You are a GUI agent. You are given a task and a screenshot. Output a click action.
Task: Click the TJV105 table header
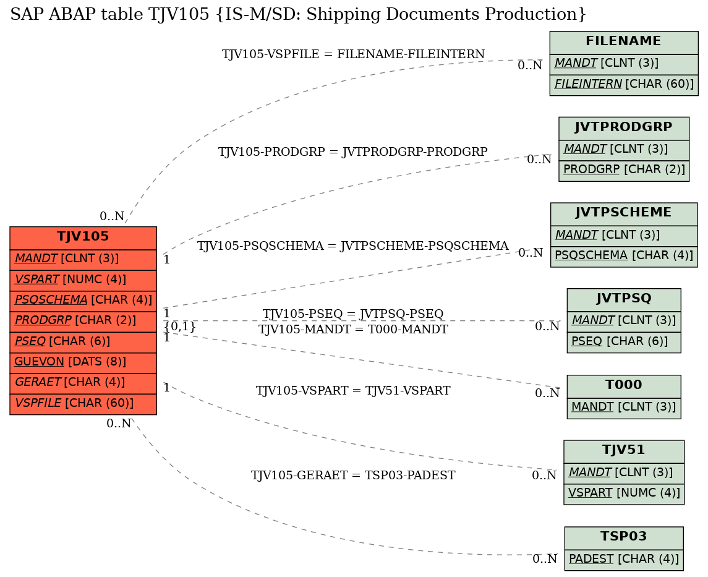[x=83, y=237]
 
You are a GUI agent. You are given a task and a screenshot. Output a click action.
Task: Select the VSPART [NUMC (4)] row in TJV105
[x=83, y=280]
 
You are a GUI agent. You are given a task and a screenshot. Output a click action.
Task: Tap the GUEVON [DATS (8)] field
[x=83, y=362]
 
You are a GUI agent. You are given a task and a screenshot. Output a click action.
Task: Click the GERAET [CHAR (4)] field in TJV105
[x=83, y=383]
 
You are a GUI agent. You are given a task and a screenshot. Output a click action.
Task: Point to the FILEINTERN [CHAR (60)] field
[x=623, y=85]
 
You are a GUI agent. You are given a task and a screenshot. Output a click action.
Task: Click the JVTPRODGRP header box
[x=623, y=128]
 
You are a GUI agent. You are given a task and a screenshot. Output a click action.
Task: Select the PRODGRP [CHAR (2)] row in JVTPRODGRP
[x=623, y=169]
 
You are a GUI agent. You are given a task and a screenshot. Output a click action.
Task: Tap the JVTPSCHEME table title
[x=623, y=213]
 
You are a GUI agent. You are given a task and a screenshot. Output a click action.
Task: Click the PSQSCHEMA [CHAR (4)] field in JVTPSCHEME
[x=623, y=256]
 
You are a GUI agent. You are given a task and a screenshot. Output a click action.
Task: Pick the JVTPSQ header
[x=623, y=299]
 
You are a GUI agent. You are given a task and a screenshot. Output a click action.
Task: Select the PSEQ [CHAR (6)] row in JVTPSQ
[x=623, y=342]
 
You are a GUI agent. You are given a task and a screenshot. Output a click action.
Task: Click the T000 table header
[x=623, y=385]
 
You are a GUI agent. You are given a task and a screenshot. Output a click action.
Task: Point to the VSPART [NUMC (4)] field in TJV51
[x=623, y=494]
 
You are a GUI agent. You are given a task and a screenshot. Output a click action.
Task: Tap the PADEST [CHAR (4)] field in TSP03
[x=623, y=560]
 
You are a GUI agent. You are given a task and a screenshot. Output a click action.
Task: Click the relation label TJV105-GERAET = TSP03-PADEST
[x=353, y=476]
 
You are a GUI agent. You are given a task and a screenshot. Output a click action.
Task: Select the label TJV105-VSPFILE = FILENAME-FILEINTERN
[x=353, y=54]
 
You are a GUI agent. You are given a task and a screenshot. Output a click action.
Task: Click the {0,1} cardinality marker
[x=180, y=326]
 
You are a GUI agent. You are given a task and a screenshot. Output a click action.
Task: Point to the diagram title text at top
[x=298, y=14]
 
